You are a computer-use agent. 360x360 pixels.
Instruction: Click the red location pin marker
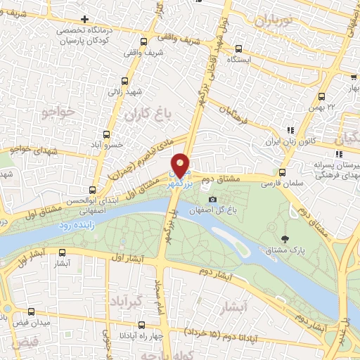[181, 165]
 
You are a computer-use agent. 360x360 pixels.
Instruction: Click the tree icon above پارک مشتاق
[284, 241]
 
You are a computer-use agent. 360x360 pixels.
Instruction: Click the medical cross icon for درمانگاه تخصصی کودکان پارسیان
[85, 19]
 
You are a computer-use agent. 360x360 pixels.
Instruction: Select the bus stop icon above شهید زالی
[124, 81]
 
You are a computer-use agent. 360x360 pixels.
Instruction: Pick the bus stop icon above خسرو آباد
[107, 134]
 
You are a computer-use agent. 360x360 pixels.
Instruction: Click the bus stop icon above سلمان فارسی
[283, 172]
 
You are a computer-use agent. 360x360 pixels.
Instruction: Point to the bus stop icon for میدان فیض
[30, 311]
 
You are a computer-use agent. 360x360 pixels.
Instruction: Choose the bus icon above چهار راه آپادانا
[143, 325]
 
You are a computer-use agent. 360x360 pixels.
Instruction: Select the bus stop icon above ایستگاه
[238, 49]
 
